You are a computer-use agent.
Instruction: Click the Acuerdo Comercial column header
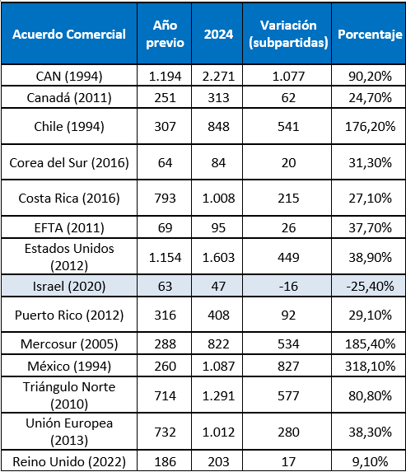pyautogui.click(x=69, y=35)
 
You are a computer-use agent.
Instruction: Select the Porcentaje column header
pyautogui.click(x=370, y=35)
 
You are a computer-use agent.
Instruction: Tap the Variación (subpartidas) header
pyautogui.click(x=288, y=34)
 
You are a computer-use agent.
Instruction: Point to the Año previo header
pyautogui.click(x=165, y=34)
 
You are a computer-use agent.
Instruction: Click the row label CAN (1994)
pyautogui.click(x=69, y=76)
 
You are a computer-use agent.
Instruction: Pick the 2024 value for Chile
pyautogui.click(x=218, y=126)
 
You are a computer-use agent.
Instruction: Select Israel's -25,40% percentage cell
pyautogui.click(x=370, y=286)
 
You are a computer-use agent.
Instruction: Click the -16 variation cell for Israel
pyautogui.click(x=288, y=286)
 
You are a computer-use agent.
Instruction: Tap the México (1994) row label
pyautogui.click(x=69, y=367)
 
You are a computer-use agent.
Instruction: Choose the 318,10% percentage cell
pyautogui.click(x=370, y=367)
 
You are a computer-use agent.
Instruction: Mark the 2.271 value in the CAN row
pyautogui.click(x=218, y=76)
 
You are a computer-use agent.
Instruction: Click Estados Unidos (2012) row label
pyautogui.click(x=69, y=257)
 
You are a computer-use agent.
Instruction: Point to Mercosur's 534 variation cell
pyautogui.click(x=288, y=344)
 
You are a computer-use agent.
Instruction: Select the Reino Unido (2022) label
pyautogui.click(x=69, y=461)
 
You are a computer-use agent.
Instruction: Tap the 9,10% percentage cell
pyautogui.click(x=370, y=461)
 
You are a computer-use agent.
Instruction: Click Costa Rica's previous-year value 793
pyautogui.click(x=165, y=199)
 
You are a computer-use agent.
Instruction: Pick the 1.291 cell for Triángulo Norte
pyautogui.click(x=218, y=395)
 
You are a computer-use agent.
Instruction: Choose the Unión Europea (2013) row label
pyautogui.click(x=69, y=432)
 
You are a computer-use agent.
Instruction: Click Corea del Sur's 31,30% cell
pyautogui.click(x=370, y=163)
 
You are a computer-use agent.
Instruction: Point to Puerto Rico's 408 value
pyautogui.click(x=218, y=315)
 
